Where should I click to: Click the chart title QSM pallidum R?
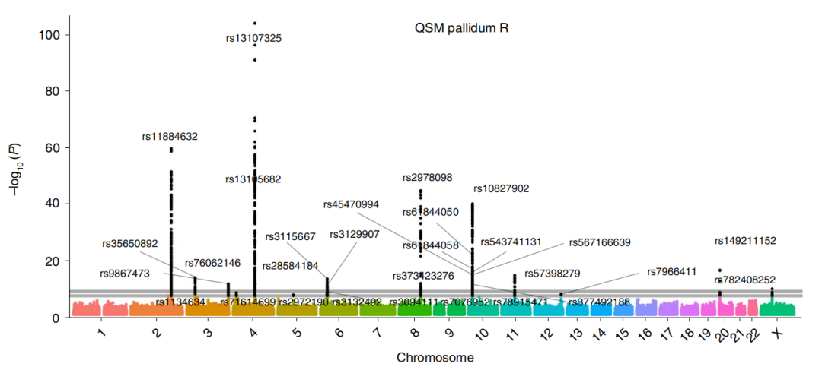coord(461,29)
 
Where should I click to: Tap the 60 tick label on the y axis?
coord(53,147)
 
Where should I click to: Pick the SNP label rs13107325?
coord(254,38)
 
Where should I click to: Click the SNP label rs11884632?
coord(170,137)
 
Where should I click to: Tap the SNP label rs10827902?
coord(501,188)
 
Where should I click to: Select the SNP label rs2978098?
coord(428,178)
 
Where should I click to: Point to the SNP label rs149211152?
coord(745,241)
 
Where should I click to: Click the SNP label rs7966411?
coord(672,271)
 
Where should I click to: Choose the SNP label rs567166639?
coord(600,242)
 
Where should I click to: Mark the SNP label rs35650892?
coord(129,244)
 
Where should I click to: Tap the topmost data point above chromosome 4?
coord(255,23)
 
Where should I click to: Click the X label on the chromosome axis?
coord(776,334)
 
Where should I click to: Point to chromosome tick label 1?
coord(100,334)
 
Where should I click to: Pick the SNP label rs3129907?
coord(355,234)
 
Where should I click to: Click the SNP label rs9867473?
coord(125,274)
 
